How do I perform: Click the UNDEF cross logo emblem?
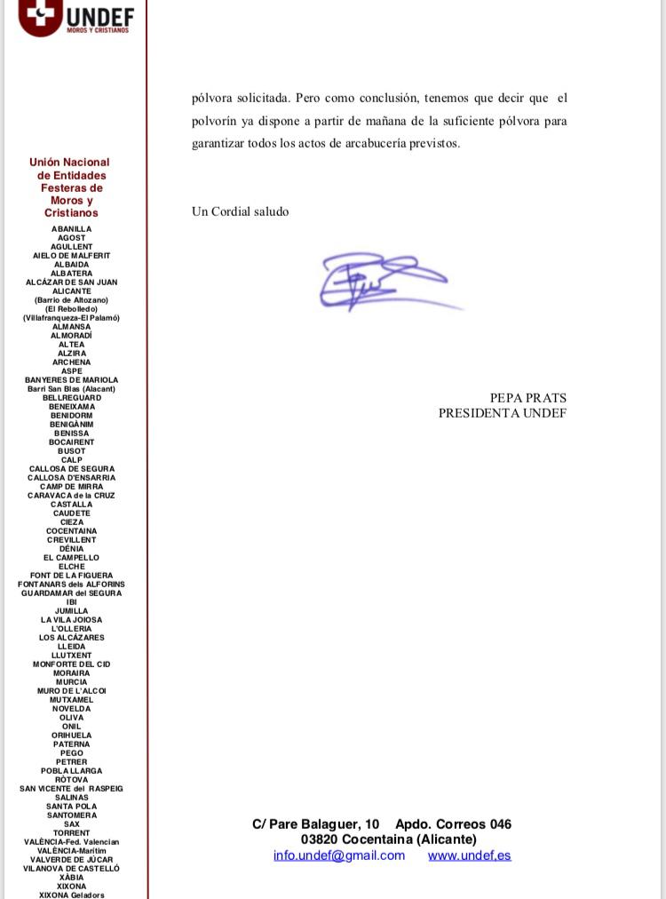click(x=41, y=15)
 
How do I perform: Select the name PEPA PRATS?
click(x=527, y=398)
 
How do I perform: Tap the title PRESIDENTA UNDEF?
click(x=502, y=413)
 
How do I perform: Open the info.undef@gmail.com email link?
click(x=338, y=855)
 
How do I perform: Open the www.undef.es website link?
click(x=469, y=855)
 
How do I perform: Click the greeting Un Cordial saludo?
click(x=240, y=211)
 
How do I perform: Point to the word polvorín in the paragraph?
click(x=215, y=121)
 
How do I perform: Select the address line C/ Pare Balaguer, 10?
click(x=315, y=824)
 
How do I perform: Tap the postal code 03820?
click(x=319, y=839)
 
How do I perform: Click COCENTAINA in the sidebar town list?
click(x=71, y=531)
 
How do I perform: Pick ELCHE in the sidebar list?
click(x=71, y=567)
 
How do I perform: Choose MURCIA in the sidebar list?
click(x=71, y=682)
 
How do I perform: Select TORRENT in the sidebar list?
click(x=71, y=833)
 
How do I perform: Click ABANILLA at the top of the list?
click(x=71, y=229)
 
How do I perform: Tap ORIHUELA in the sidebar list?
click(x=71, y=736)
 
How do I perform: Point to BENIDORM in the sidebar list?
click(x=71, y=416)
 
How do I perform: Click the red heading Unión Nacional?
click(x=69, y=163)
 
